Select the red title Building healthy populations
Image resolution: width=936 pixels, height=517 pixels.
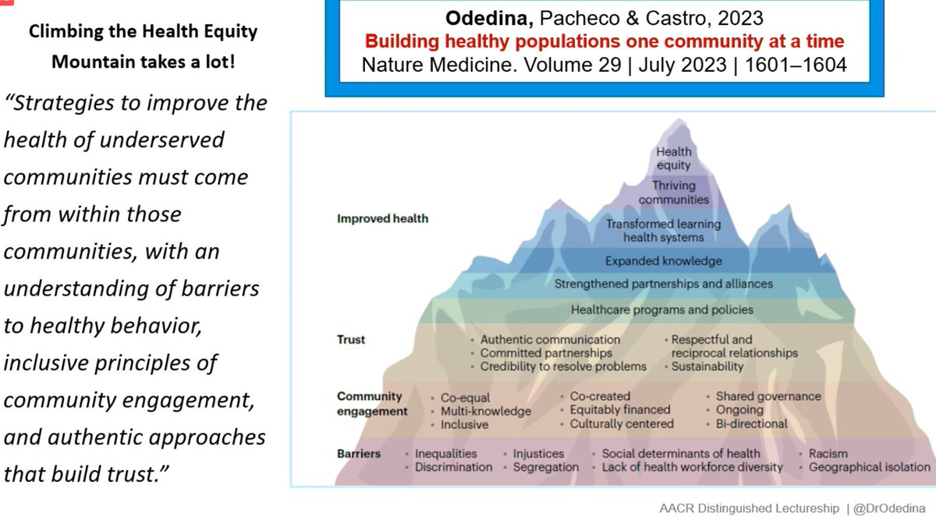604,41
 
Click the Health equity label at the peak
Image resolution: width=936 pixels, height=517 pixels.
673,158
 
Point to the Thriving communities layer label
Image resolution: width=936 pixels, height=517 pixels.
673,192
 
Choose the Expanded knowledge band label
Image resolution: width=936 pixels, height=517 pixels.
663,260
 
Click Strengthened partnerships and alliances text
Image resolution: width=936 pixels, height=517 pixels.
663,284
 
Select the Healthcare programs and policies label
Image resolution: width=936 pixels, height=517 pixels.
662,310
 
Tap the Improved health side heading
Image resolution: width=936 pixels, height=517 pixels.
382,218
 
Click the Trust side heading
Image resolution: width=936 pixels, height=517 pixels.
351,340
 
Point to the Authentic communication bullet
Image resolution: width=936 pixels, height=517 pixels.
550,340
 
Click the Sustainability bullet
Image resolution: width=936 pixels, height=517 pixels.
707,367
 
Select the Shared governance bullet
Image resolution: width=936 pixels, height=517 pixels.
768,396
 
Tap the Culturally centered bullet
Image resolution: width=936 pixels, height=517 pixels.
622,424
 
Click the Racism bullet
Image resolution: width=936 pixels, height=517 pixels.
828,453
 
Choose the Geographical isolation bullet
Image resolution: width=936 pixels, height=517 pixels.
869,467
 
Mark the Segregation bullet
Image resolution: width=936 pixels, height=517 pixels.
546,467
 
